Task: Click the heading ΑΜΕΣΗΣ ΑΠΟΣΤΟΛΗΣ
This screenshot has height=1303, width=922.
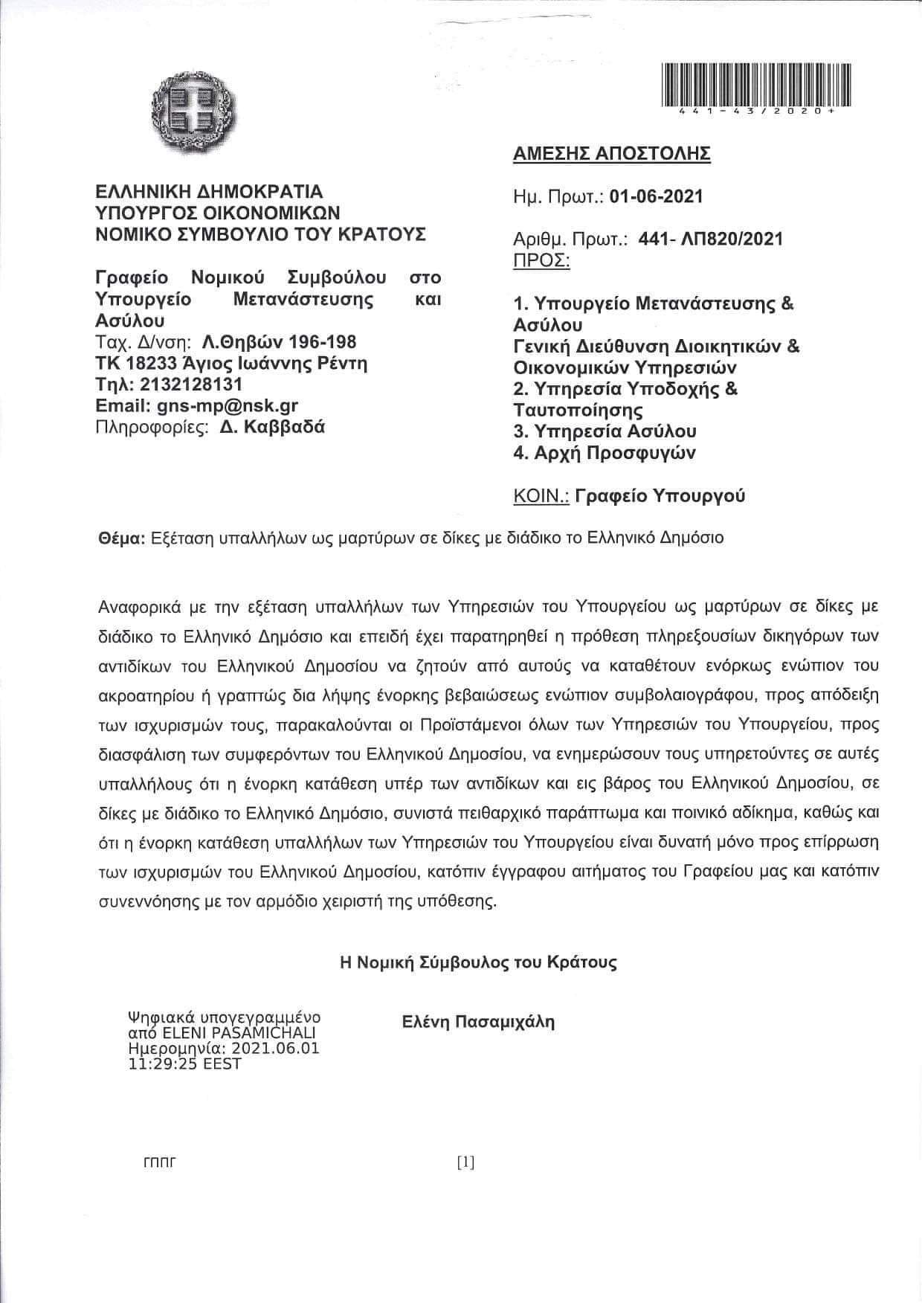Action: click(611, 153)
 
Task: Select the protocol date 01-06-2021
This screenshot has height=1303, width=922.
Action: click(655, 196)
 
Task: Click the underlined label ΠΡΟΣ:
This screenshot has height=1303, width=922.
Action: click(541, 260)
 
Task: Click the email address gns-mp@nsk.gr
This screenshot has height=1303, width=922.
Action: click(228, 405)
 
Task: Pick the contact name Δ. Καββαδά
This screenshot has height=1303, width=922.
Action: click(272, 427)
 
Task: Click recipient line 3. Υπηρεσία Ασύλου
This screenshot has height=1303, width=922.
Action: click(605, 431)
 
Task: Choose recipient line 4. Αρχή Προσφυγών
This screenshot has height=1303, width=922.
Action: click(605, 452)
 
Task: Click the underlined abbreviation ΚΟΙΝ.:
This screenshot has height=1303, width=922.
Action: click(541, 495)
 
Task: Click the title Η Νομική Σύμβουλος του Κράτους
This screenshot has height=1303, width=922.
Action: click(478, 962)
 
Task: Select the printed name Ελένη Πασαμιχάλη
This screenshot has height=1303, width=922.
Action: click(478, 1021)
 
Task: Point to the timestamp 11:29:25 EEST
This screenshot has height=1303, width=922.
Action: click(185, 1064)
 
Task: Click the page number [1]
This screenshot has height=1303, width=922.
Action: click(465, 1162)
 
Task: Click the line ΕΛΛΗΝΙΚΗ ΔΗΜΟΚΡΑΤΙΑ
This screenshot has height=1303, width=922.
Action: click(209, 191)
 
